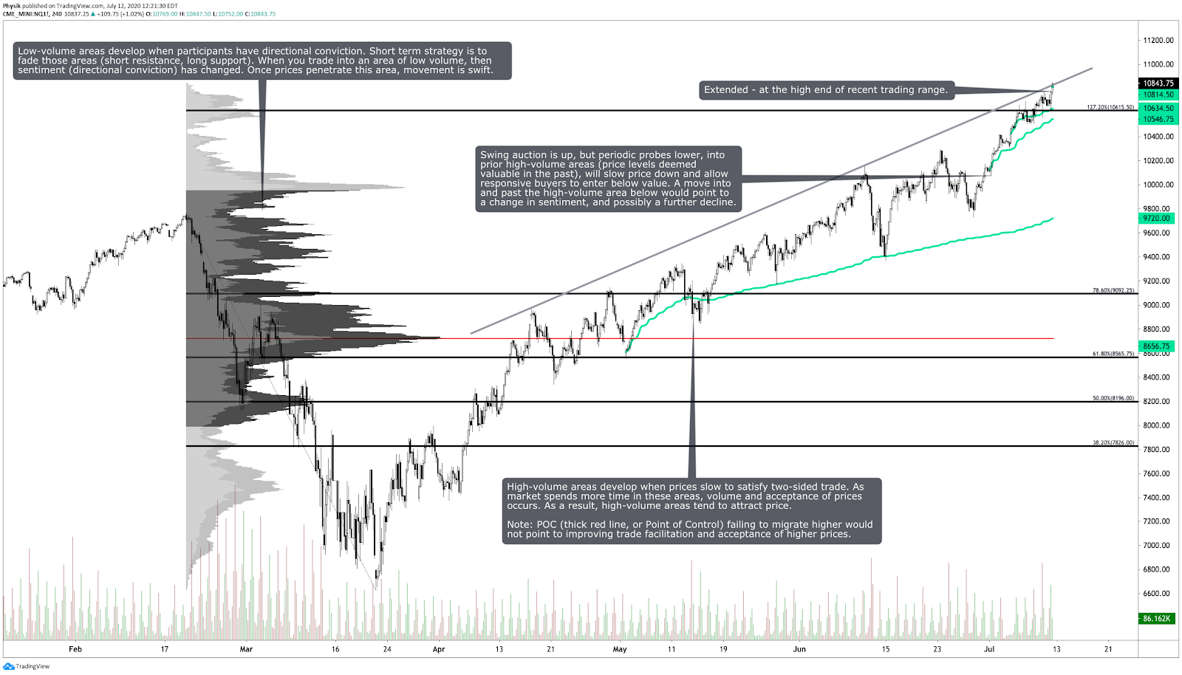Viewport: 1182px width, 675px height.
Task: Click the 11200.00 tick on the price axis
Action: click(1158, 41)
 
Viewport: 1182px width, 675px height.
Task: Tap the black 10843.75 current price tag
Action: click(1158, 83)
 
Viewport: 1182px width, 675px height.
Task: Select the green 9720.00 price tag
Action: click(1156, 219)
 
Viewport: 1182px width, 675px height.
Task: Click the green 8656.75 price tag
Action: click(1156, 346)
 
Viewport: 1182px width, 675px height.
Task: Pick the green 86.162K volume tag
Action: click(1156, 618)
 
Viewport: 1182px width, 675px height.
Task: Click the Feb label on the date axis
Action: click(75, 649)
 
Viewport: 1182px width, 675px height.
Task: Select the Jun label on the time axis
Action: click(799, 649)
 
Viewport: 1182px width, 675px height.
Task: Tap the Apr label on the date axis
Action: click(439, 649)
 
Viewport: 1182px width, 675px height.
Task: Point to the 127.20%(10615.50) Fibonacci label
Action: click(1110, 107)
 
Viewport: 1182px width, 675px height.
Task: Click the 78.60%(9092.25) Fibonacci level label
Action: click(1113, 290)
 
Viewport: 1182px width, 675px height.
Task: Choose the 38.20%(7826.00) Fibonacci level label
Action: click(1113, 442)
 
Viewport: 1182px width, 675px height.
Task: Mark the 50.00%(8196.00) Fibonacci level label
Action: click(1113, 398)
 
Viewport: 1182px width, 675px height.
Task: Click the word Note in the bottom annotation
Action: click(519, 525)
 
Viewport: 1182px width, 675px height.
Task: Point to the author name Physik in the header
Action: click(12, 6)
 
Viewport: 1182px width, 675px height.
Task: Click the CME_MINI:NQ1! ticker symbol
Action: click(26, 14)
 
